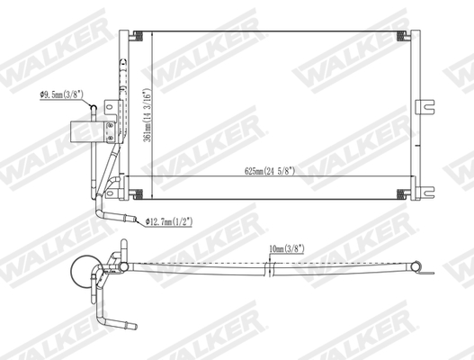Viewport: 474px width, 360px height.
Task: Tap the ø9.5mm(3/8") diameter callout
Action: (x=64, y=93)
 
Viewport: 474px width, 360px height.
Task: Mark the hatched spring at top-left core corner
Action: (x=139, y=35)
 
